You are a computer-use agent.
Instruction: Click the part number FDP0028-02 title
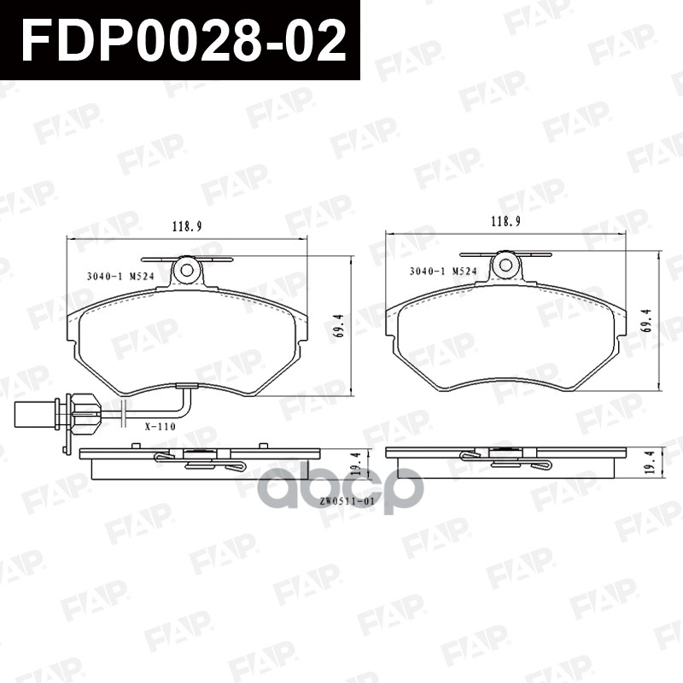184,40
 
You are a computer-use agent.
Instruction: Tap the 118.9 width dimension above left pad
186,227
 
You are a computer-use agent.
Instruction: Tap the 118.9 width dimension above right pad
505,222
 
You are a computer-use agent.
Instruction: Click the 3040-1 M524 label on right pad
442,271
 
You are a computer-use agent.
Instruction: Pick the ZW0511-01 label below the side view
348,501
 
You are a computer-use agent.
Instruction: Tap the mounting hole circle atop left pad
186,271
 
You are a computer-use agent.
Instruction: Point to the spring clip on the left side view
201,462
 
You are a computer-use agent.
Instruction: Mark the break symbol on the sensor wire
125,413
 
